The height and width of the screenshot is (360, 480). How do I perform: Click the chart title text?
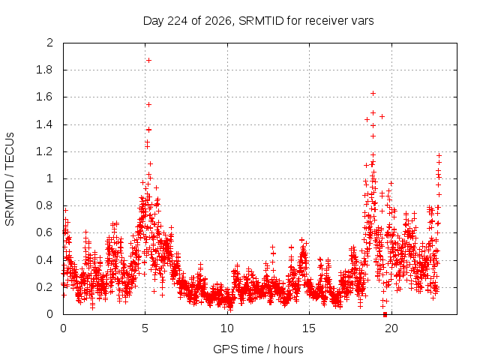click(x=258, y=21)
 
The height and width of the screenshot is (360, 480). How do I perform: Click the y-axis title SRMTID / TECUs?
click(x=10, y=179)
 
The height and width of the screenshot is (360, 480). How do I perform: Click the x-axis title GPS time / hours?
click(x=258, y=349)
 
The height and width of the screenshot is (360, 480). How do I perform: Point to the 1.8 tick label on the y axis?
click(x=44, y=70)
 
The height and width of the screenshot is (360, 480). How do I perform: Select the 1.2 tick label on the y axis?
click(x=44, y=151)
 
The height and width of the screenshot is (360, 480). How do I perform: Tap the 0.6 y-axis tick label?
click(x=44, y=232)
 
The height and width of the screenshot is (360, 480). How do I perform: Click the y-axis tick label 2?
click(x=49, y=43)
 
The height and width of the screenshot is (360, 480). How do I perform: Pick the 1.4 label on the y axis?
click(x=44, y=124)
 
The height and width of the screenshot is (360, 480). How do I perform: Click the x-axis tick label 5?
click(x=145, y=328)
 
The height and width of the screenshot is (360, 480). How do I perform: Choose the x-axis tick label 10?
click(x=227, y=328)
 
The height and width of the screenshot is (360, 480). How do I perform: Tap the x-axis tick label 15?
click(x=309, y=328)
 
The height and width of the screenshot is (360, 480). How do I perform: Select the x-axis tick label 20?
click(x=391, y=328)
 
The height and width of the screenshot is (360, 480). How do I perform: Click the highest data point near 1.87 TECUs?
click(x=148, y=60)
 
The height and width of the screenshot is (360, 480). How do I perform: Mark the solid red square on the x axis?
click(x=385, y=314)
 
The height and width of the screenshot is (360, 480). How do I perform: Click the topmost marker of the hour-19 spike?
click(x=373, y=93)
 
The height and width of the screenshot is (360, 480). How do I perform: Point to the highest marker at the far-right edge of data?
click(x=439, y=155)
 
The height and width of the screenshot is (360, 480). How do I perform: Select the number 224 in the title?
click(x=177, y=21)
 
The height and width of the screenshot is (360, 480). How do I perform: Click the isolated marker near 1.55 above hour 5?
click(x=148, y=105)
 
